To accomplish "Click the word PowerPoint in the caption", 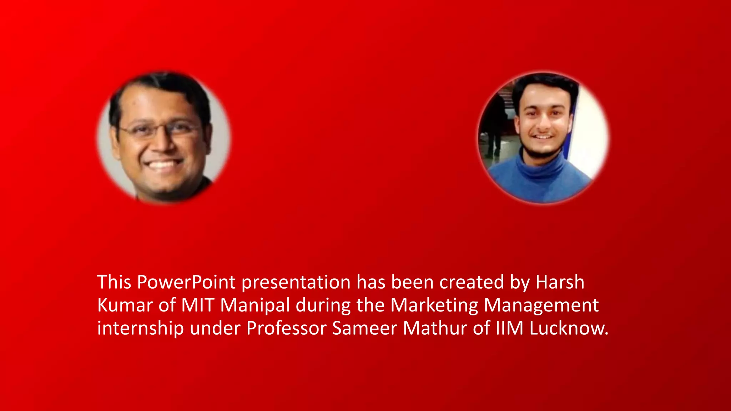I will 186,282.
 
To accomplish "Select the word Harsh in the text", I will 560,282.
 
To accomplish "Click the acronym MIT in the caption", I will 197,305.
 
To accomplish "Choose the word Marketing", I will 434,305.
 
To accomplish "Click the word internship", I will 140,328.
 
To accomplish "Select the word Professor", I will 286,328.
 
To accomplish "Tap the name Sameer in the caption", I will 364,328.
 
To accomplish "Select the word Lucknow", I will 568,328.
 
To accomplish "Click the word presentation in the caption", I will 296,282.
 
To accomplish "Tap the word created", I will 472,282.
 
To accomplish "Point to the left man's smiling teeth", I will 162,165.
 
